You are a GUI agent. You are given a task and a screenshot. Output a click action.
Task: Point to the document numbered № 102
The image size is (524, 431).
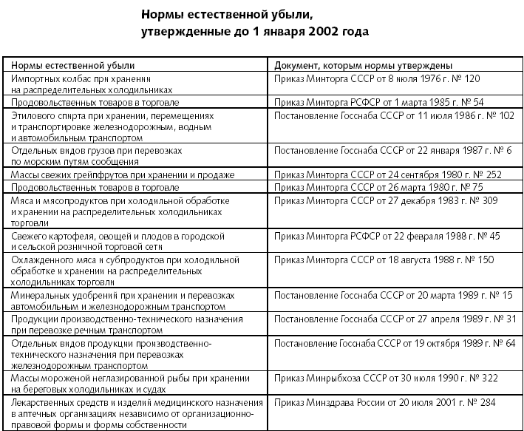click(393, 116)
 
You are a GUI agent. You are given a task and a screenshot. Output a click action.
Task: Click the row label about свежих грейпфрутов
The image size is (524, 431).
click(122, 175)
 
